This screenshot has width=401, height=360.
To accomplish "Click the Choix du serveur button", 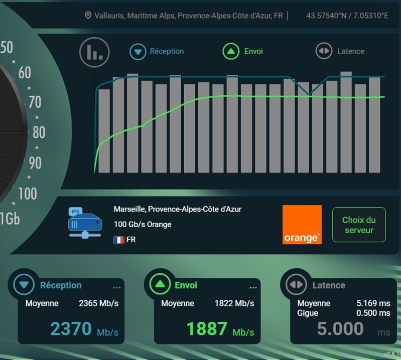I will pos(359,225).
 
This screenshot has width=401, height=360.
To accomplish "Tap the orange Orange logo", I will pos(302,225).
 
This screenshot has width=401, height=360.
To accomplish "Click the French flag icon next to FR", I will pos(119,240).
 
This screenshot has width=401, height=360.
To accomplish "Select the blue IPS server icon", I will pos(84,222).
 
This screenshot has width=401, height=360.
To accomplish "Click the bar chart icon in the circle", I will pos(94,52).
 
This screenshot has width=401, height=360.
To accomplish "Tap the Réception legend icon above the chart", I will pos(138,52).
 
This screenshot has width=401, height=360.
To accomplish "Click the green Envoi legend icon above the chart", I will pos(230,52).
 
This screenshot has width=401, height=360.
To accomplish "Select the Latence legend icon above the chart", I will pos(323,52).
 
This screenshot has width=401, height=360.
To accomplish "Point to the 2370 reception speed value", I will pos(71,329).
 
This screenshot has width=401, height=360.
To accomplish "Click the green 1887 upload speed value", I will pos(206,329).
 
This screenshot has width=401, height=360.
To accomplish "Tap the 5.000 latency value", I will pos(340,329).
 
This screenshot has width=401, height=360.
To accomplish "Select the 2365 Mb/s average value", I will pos(98,303).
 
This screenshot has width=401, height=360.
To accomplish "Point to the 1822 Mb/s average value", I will pos(234,303).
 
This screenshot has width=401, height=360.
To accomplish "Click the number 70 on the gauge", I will pos(35,102).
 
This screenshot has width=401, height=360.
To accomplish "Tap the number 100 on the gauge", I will pos(28,194).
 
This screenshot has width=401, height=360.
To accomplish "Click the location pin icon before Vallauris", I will pos(88,16).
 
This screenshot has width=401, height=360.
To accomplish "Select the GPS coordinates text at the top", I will pos(347,16).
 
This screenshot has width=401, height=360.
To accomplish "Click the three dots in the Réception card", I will pos(117,287).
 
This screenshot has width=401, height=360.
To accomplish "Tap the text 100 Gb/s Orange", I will pos(143,224).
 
